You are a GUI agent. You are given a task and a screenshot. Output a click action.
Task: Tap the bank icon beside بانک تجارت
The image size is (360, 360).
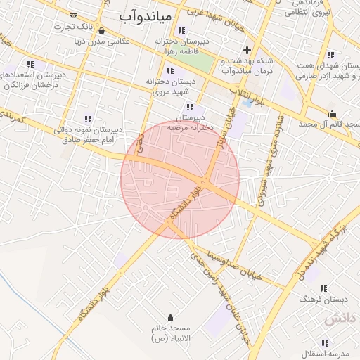tap(74, 15)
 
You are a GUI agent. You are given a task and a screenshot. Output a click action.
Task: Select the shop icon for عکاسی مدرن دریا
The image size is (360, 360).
tap(102, 30)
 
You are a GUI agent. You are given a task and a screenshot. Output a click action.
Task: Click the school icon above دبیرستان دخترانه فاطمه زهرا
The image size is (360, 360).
tap(182, 30)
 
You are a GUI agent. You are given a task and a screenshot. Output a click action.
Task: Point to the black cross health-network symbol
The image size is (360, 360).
tap(246, 50)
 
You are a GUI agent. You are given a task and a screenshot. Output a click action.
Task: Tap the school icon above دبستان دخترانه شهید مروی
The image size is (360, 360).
tap(169, 70)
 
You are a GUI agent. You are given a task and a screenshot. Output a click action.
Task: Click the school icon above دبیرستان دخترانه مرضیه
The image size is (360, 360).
tap(189, 107)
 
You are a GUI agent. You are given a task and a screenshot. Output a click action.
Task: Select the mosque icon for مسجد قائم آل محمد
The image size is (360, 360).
tap(332, 113)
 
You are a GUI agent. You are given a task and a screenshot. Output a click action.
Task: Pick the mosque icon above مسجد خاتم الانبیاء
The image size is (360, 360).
tap(169, 317)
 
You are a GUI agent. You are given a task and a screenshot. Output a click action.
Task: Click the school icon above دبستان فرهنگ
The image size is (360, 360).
tap(323, 288)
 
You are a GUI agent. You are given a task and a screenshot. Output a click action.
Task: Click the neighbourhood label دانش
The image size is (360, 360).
tap(341, 318)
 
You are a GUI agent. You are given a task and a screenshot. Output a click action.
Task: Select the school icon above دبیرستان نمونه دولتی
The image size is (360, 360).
tap(88, 119)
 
